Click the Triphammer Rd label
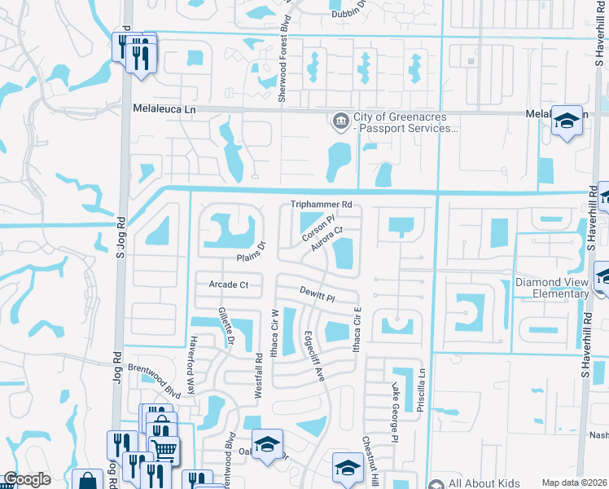(322, 205)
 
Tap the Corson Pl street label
(318, 227)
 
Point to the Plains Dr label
(252, 252)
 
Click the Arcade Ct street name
(228, 285)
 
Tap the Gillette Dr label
(226, 324)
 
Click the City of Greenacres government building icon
(340, 121)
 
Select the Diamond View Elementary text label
(552, 288)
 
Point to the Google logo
(27, 480)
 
